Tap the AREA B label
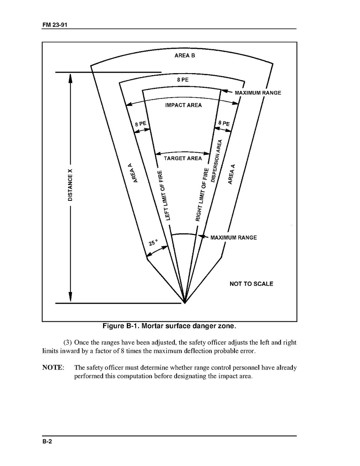185,56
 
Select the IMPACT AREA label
183,105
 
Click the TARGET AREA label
183,158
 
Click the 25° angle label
153,243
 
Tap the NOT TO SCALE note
251,284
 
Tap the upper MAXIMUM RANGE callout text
258,93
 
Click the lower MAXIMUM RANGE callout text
234,238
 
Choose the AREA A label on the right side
232,174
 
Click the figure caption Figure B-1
169,326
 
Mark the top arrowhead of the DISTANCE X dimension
70,76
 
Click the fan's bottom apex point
184,303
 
